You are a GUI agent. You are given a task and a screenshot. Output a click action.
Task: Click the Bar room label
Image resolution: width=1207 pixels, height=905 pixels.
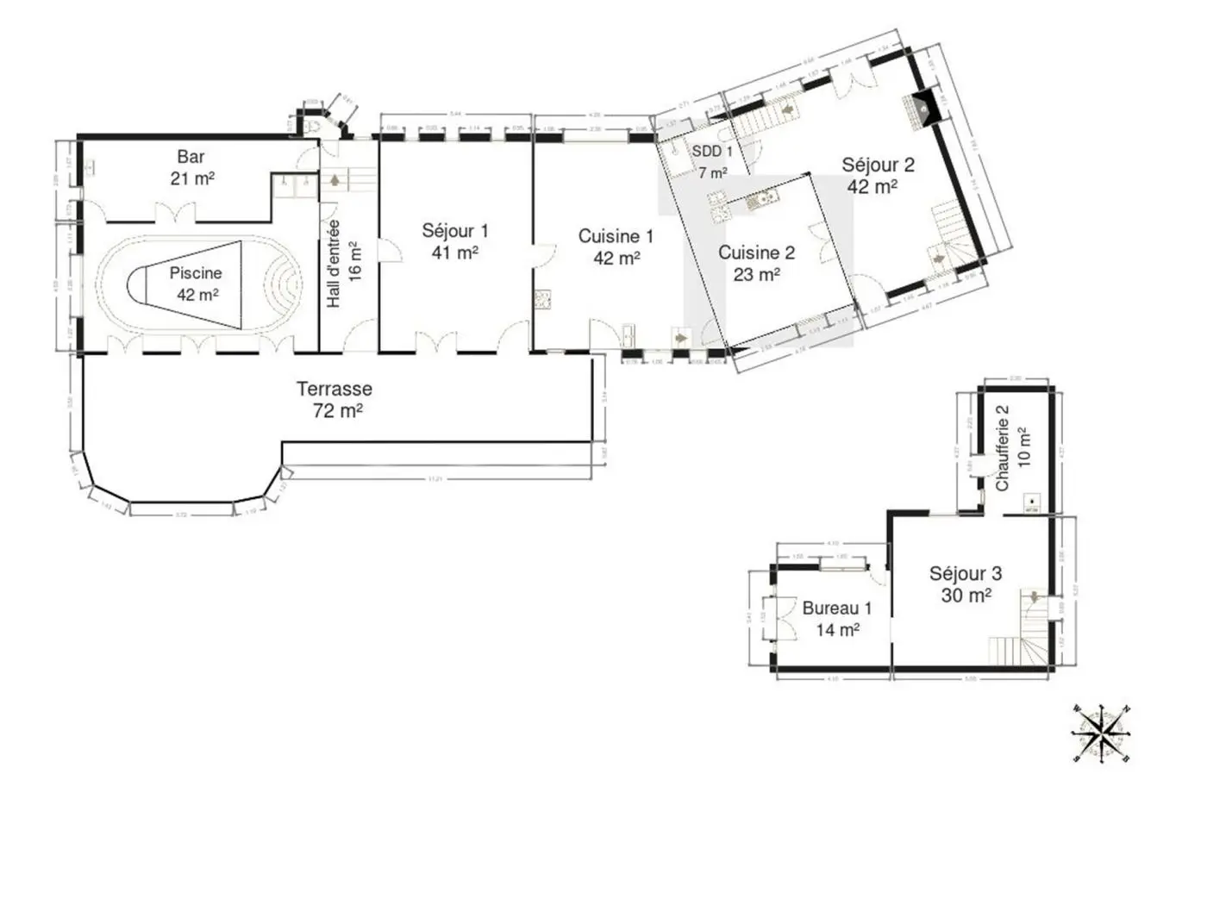tap(191, 167)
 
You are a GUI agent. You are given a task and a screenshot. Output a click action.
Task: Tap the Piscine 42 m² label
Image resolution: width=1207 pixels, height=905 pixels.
tap(196, 284)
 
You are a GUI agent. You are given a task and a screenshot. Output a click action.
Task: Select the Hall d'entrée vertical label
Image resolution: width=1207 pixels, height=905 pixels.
tap(343, 263)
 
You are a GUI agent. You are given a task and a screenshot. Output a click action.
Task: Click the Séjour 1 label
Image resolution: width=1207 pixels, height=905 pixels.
tap(454, 241)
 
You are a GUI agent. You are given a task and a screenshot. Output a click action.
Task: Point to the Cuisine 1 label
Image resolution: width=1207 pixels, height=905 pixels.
tap(616, 247)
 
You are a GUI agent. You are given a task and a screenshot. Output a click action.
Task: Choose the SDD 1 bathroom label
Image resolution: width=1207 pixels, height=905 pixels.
tap(712, 161)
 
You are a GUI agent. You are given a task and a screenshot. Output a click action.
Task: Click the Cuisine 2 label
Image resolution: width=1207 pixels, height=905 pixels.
tap(756, 263)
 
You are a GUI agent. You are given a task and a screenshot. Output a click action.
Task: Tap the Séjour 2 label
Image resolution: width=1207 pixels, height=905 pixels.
tap(878, 175)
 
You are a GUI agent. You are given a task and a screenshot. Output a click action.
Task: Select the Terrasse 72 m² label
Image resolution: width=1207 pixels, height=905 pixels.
tap(335, 399)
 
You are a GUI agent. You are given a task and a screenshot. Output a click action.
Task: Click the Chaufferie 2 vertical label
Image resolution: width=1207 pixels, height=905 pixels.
tap(1012, 448)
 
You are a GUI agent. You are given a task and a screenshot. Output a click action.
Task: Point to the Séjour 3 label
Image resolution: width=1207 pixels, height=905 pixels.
tap(965, 584)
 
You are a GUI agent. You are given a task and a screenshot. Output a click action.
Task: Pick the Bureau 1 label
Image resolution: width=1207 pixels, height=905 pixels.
tap(836, 618)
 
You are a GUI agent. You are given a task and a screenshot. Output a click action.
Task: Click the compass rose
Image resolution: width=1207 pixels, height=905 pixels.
tap(1101, 733)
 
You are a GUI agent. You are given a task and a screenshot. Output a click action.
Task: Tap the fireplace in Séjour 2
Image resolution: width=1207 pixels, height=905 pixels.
tap(920, 109)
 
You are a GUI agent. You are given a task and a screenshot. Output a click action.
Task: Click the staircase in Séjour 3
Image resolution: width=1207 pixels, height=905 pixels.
tap(1026, 633)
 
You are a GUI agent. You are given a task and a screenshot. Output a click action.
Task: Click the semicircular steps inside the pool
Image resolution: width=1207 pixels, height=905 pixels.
tap(284, 283)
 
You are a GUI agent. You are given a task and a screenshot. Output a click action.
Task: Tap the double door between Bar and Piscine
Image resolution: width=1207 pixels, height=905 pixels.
tap(172, 212)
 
